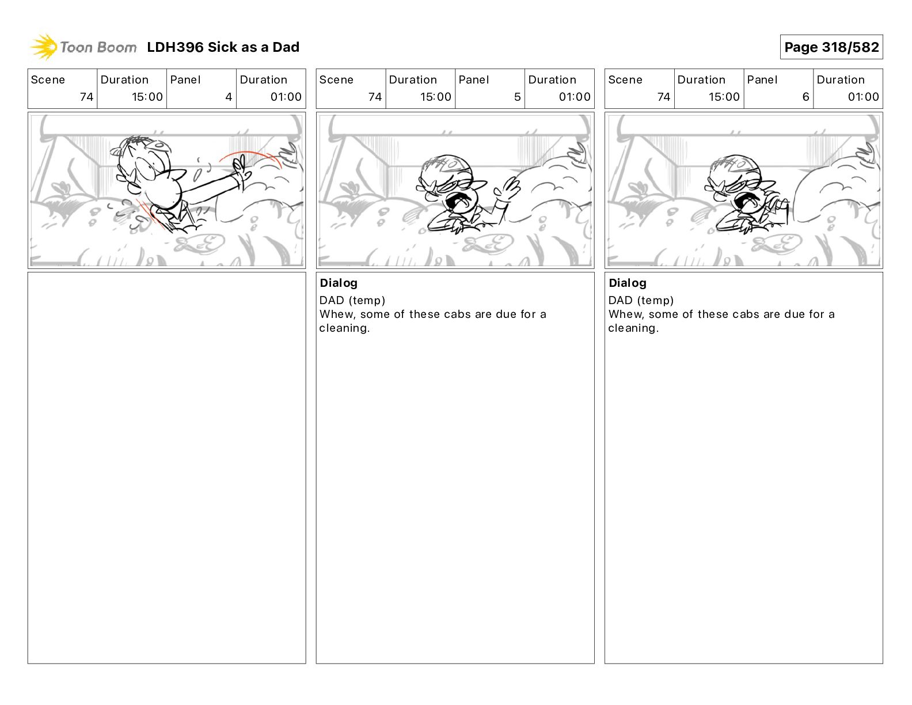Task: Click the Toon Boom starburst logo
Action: click(x=44, y=47)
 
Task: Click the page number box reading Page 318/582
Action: click(x=831, y=47)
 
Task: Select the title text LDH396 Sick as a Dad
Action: click(x=223, y=47)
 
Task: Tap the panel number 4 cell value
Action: click(x=229, y=97)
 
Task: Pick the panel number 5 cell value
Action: click(x=517, y=97)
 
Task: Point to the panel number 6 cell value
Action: click(x=805, y=97)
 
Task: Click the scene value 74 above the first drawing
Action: click(x=86, y=97)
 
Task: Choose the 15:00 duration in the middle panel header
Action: click(x=436, y=97)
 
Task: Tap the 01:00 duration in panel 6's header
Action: click(x=863, y=97)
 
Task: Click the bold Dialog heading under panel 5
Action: click(x=339, y=283)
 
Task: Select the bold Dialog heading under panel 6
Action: click(x=627, y=283)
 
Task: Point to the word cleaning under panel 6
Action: click(x=633, y=328)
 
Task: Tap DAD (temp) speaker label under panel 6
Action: click(x=641, y=300)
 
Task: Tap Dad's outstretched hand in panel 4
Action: click(x=239, y=168)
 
